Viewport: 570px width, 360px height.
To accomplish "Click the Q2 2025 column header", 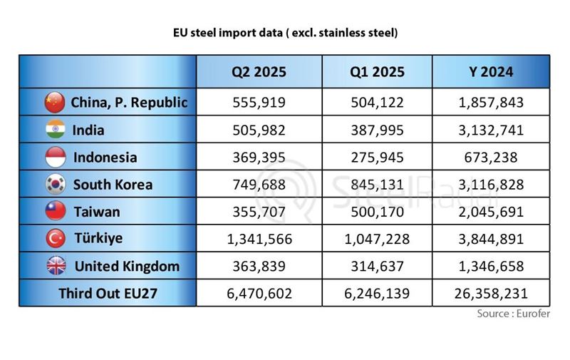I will tap(259, 72).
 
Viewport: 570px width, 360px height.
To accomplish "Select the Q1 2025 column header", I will tap(378, 72).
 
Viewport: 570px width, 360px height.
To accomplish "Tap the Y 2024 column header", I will tap(492, 72).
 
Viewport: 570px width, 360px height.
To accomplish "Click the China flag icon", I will tap(54, 103).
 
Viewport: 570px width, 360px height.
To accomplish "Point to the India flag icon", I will tap(54, 130).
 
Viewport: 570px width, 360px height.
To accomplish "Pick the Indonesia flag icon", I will tap(54, 157).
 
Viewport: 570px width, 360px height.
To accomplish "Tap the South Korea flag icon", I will tap(54, 185).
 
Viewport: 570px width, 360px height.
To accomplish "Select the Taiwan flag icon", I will tap(54, 212).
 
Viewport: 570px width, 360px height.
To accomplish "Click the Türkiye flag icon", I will tap(54, 238).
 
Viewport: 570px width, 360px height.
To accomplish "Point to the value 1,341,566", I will tap(259, 239).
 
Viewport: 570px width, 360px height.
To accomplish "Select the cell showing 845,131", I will tap(378, 185).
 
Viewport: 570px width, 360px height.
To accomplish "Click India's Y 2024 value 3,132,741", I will tap(492, 130).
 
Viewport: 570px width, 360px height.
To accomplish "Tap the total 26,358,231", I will tap(492, 293).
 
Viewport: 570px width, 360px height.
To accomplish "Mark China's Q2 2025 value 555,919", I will tap(259, 103).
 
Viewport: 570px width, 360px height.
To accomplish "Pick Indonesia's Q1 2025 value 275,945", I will tap(378, 157).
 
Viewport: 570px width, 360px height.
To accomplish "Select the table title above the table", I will tap(285, 33).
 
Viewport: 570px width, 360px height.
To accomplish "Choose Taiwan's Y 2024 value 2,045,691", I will tap(492, 212).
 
